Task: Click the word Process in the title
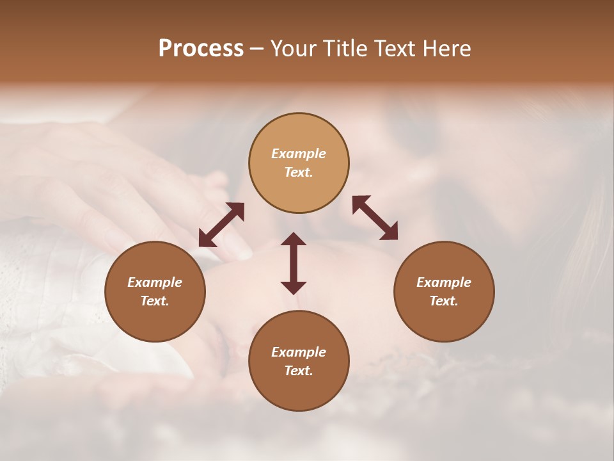201,49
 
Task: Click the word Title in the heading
345,49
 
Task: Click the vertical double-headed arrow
294,263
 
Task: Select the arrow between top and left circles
221,225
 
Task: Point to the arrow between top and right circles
375,218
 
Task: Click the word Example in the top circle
299,154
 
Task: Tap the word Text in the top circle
299,172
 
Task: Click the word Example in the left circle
155,282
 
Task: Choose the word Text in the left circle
155,301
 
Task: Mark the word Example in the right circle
444,282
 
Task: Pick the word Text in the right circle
444,301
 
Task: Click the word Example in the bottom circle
299,352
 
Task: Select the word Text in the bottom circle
299,371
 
